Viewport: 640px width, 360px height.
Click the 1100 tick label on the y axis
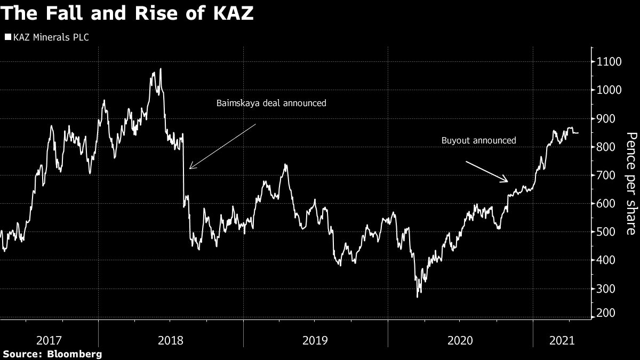[609, 62]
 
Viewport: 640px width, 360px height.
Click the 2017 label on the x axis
[49, 340]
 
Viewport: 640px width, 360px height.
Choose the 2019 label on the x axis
[316, 340]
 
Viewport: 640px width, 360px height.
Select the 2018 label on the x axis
[170, 340]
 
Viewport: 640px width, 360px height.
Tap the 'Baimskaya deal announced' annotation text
[270, 103]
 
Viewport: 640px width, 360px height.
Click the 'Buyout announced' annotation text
[479, 141]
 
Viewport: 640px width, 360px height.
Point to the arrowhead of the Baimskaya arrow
[190, 169]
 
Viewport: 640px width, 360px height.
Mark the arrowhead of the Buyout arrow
[507, 181]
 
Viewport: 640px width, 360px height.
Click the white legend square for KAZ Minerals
[8, 37]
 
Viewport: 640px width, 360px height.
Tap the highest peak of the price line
[161, 68]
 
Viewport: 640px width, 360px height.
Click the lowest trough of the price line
[417, 297]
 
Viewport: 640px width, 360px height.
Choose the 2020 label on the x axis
[460, 340]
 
